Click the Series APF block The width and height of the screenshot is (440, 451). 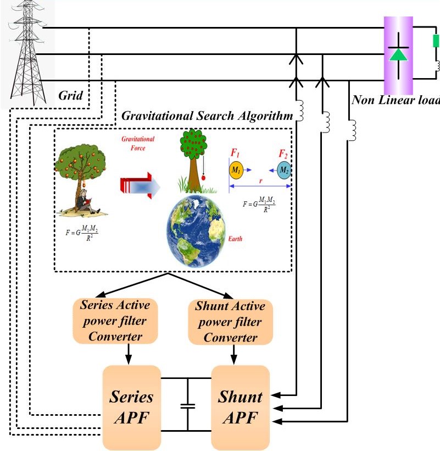pyautogui.click(x=132, y=407)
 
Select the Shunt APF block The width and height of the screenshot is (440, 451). pyautogui.click(x=241, y=407)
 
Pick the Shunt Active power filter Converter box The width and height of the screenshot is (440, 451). pyautogui.click(x=230, y=322)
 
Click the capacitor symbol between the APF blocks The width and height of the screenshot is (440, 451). pyautogui.click(x=187, y=406)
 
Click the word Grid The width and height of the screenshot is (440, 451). pyautogui.click(x=70, y=96)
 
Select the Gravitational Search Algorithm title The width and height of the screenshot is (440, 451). pyautogui.click(x=207, y=116)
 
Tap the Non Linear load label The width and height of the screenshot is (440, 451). pyautogui.click(x=396, y=100)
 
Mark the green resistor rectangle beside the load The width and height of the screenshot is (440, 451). pyautogui.click(x=436, y=41)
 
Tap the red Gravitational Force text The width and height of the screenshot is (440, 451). pyautogui.click(x=138, y=144)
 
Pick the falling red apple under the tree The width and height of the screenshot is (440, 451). pyautogui.click(x=204, y=178)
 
